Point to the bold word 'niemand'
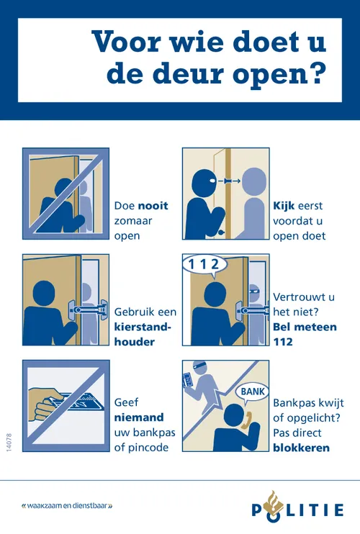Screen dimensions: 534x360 coord(139,417)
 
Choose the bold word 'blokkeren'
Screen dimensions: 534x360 coord(302,448)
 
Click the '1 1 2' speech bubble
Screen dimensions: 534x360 coord(204,264)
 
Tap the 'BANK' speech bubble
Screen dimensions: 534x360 coord(253,391)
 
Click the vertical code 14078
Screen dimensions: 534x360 coord(11,442)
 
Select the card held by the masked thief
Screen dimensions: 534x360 coord(189,379)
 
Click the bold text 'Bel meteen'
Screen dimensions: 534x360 coord(302,327)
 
